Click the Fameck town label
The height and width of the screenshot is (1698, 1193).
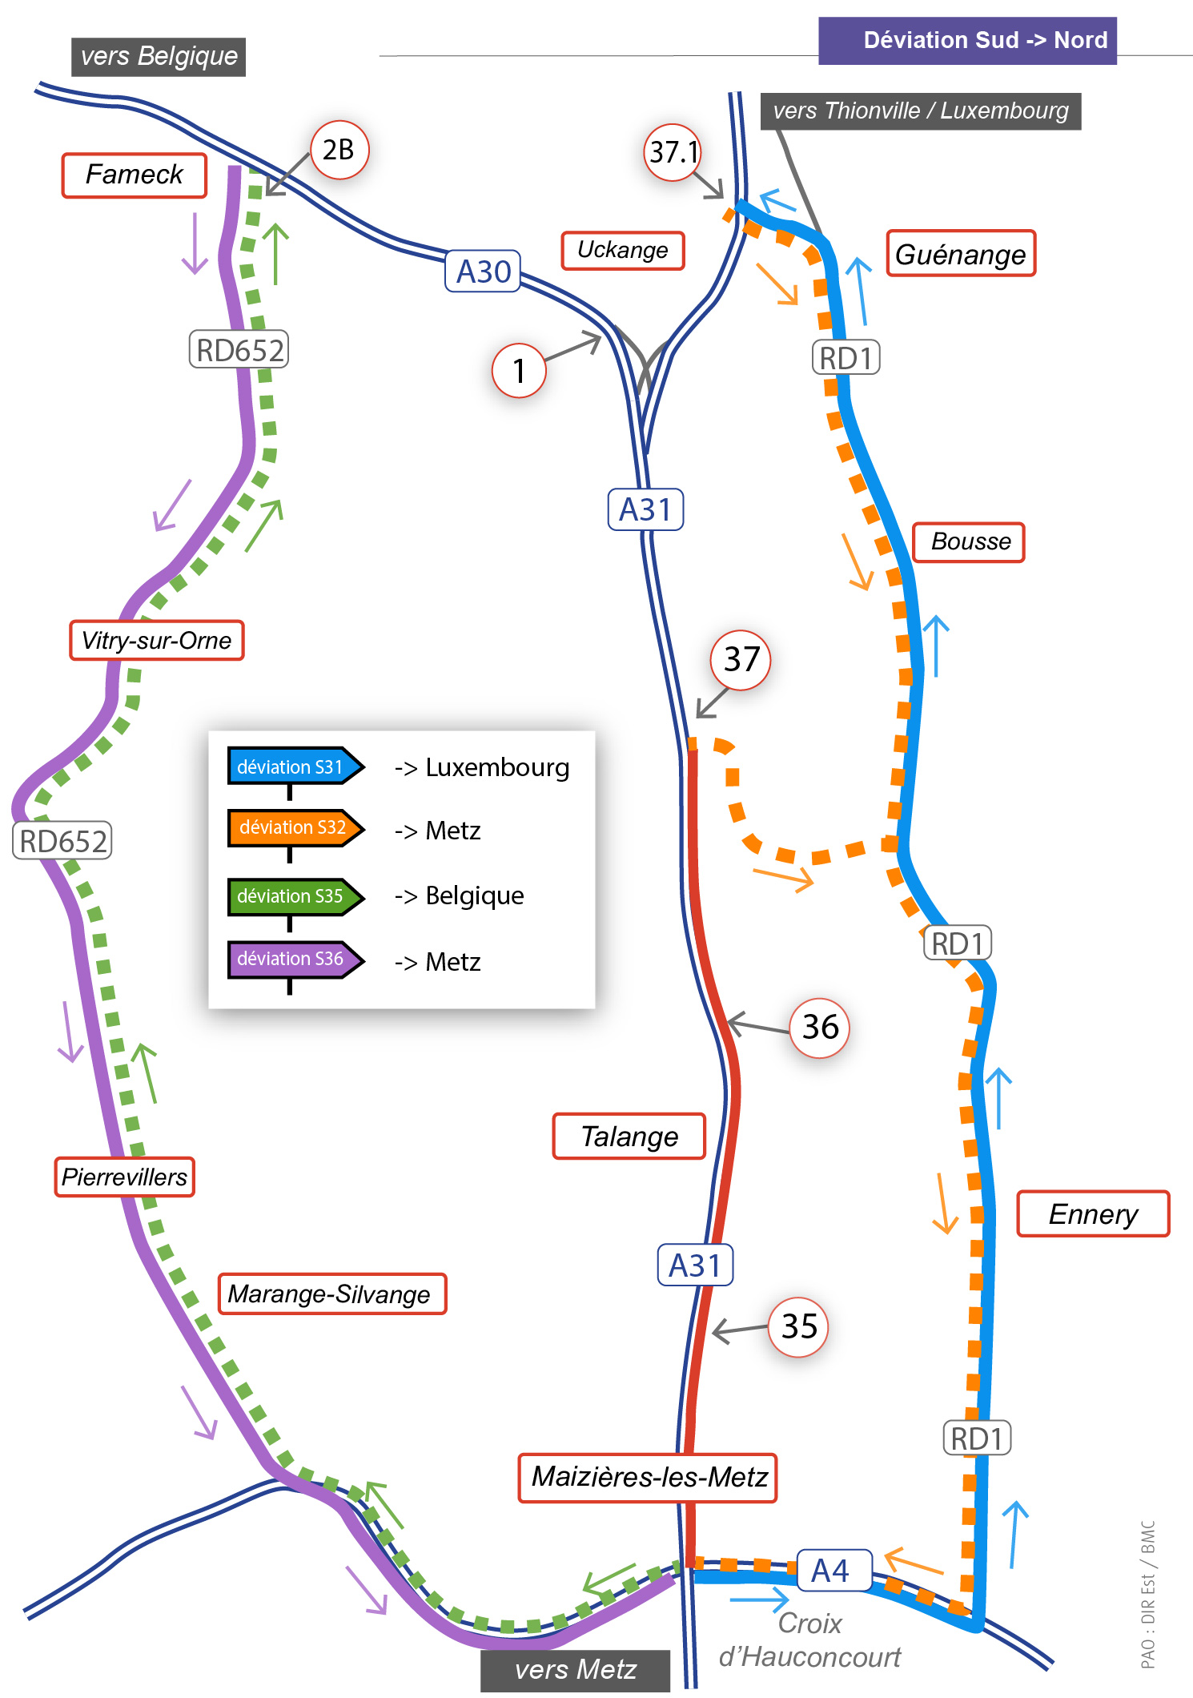[135, 175]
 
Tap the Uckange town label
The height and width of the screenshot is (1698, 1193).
[623, 250]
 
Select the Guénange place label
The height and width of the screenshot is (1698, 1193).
[961, 254]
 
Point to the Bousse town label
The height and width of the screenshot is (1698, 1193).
[970, 542]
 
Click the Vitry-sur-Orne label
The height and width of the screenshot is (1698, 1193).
[157, 641]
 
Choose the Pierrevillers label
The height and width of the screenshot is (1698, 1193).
[125, 1177]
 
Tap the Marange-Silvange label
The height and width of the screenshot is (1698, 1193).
[332, 1294]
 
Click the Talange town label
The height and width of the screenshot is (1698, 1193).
[629, 1136]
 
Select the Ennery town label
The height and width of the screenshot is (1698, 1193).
[1093, 1214]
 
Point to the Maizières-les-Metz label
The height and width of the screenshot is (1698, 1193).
[649, 1477]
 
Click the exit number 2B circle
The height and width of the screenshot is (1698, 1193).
[339, 150]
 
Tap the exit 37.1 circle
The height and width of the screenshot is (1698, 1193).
[673, 152]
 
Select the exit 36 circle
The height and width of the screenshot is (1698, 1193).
[820, 1028]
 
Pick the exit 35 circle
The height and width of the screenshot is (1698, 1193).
[798, 1327]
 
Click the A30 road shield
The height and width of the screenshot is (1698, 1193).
[483, 272]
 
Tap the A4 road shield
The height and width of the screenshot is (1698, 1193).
[832, 1571]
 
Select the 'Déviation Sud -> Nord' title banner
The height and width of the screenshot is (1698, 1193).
[967, 40]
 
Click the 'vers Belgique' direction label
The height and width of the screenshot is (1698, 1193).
[159, 57]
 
